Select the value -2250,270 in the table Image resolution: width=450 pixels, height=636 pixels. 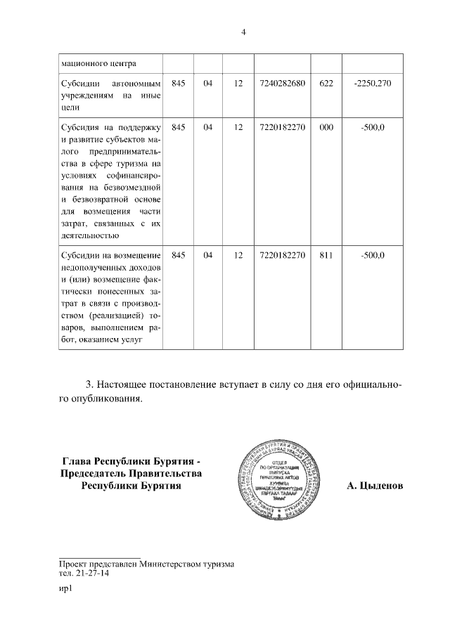[372, 84]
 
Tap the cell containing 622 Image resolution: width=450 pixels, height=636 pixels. [325, 84]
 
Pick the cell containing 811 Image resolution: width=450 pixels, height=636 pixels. [325, 255]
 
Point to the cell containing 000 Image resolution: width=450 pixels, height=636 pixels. [325, 127]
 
